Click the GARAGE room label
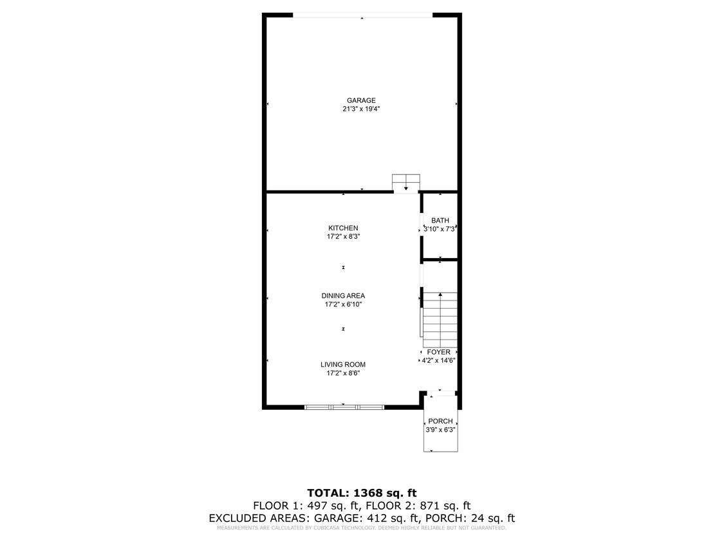pyautogui.click(x=361, y=100)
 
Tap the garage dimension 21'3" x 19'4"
pyautogui.click(x=361, y=109)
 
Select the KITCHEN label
pyautogui.click(x=343, y=228)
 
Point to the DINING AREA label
pyautogui.click(x=343, y=296)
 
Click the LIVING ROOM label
pyautogui.click(x=343, y=365)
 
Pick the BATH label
pyautogui.click(x=440, y=221)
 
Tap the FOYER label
pyautogui.click(x=439, y=352)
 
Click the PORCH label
pyautogui.click(x=440, y=421)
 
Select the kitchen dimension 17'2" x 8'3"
pyautogui.click(x=343, y=237)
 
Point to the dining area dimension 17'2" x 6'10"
pyautogui.click(x=343, y=305)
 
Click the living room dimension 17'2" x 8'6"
pyautogui.click(x=343, y=373)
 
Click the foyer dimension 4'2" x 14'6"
pyautogui.click(x=439, y=360)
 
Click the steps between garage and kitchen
pyautogui.click(x=406, y=183)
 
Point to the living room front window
pyautogui.click(x=344, y=407)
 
